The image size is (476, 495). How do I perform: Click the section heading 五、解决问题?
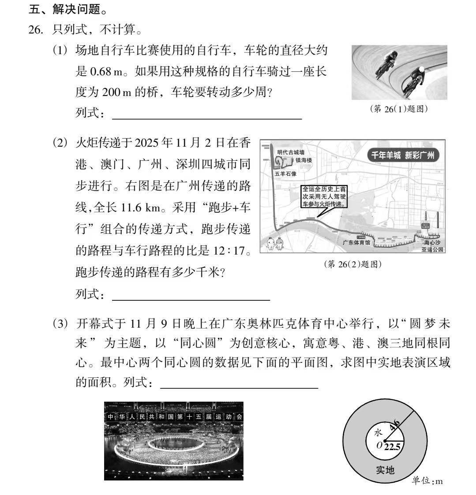pyautogui.click(x=64, y=8)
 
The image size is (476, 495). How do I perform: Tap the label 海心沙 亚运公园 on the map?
pyautogui.click(x=433, y=246)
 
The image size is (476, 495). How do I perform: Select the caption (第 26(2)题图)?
pyautogui.click(x=352, y=264)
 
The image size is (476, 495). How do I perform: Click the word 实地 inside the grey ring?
pyautogui.click(x=385, y=470)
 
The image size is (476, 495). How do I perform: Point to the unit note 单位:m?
pyautogui.click(x=427, y=481)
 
